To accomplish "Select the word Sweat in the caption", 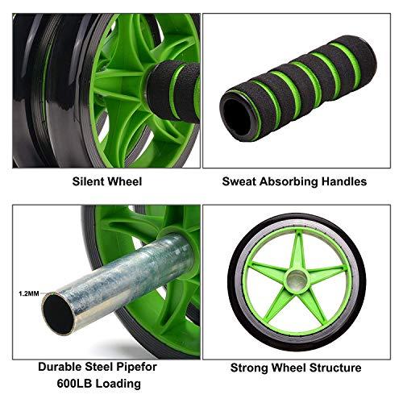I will [x=239, y=181].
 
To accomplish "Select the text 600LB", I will [x=77, y=384].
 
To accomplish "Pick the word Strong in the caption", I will [x=251, y=368].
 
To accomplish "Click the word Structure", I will [x=331, y=368].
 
